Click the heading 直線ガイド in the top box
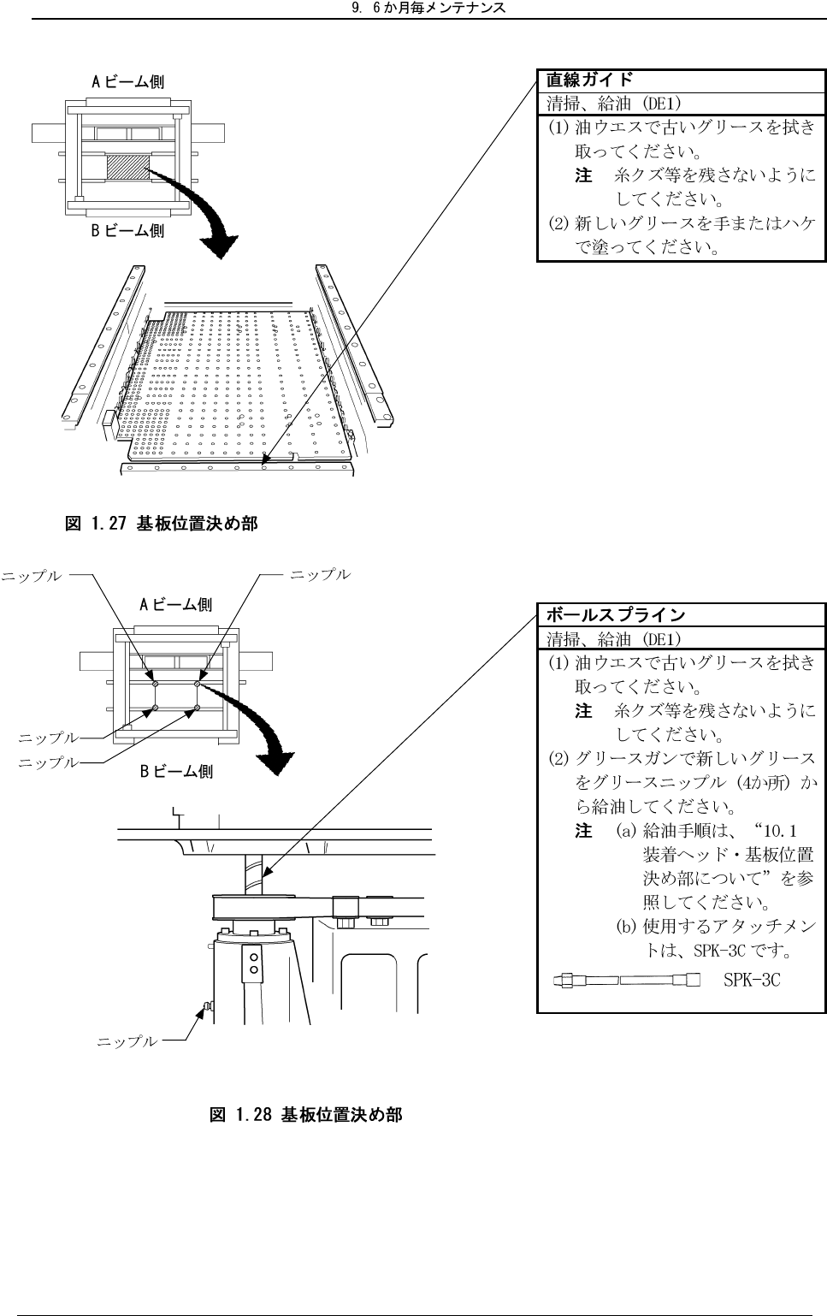pos(590,80)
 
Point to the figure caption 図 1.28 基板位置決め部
pos(305,1115)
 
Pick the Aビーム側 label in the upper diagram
pos(128,82)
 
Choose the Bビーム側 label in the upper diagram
pos(128,230)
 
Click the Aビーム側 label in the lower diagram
pos(176,605)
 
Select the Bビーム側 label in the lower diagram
pos(176,771)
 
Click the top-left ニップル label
pos(32,576)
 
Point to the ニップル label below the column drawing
pos(127,1041)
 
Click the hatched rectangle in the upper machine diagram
pos(127,167)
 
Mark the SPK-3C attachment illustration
pos(627,980)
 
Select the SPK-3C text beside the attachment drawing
pos(752,980)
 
